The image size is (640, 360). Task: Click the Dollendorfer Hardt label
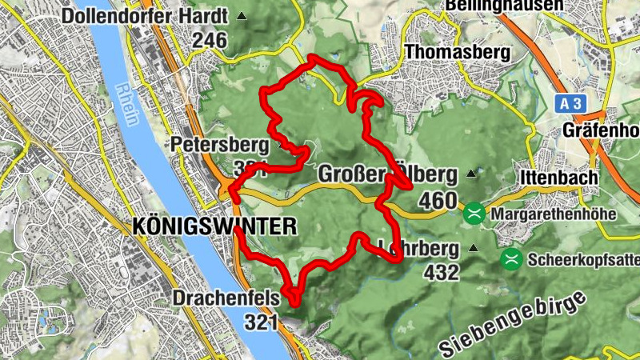click(144, 16)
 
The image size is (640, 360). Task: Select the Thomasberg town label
click(458, 52)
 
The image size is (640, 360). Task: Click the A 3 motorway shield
click(569, 103)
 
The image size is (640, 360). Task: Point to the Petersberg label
click(207, 145)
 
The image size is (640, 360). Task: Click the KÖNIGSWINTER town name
click(212, 226)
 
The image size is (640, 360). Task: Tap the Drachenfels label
click(226, 298)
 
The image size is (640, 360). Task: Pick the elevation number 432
click(441, 272)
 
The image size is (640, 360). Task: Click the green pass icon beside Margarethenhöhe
click(474, 214)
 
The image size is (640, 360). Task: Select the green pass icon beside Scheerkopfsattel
click(510, 259)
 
